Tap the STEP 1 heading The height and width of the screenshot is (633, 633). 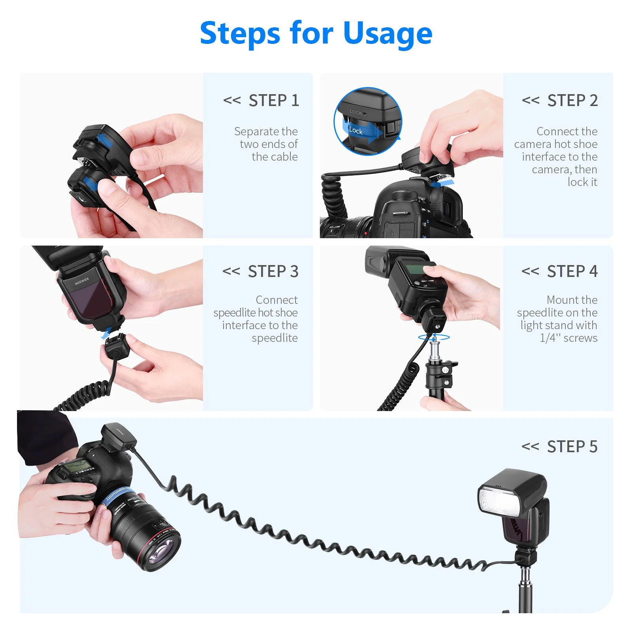pos(273,100)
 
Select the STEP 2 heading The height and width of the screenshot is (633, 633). pos(572,100)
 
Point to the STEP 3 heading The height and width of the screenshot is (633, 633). pos(273,271)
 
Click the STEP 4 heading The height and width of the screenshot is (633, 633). pos(572,271)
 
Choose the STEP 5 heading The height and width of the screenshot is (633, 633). pos(572,447)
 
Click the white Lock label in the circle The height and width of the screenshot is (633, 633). pos(356,131)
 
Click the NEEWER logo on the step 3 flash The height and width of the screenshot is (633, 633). pos(82,281)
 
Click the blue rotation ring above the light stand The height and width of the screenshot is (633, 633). pos(434,337)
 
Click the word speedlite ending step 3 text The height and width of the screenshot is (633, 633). pos(275,338)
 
